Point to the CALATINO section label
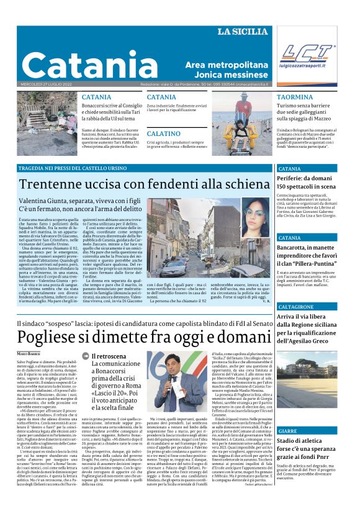click(x=163, y=133)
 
